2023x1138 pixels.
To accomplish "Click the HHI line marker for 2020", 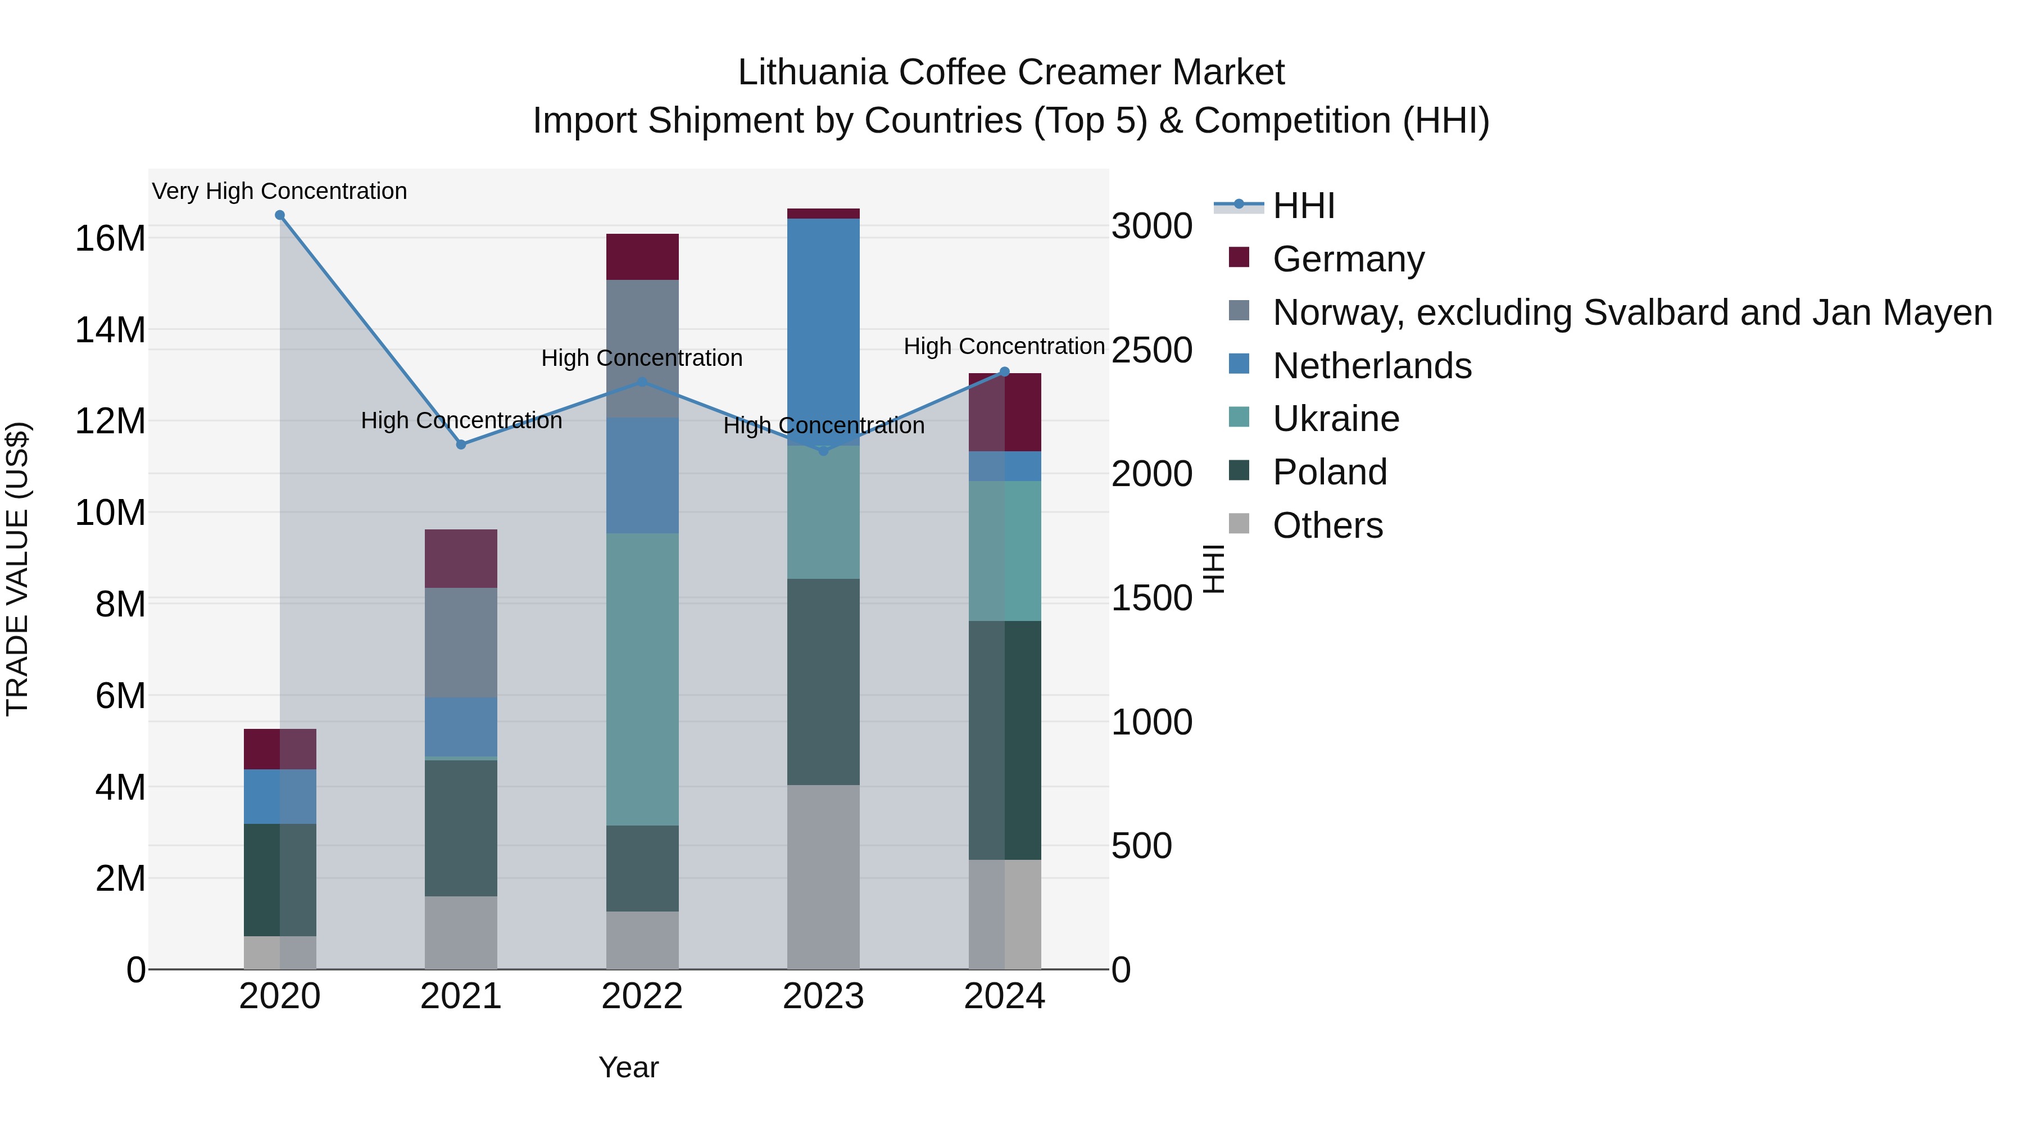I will [280, 215].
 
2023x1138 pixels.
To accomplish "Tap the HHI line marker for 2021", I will [461, 445].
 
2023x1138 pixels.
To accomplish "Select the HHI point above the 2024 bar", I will [1004, 372].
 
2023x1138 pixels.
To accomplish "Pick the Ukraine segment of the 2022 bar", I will [642, 679].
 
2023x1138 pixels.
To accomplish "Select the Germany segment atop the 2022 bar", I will [642, 257].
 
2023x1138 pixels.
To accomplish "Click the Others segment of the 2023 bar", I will [823, 877].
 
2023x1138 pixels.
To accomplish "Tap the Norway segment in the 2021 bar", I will [461, 642].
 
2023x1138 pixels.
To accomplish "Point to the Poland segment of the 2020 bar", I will [280, 879].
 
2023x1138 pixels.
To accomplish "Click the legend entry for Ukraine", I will [1335, 419].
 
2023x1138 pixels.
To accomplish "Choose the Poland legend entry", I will [1329, 472].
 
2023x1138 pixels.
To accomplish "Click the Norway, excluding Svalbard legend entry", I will [1631, 312].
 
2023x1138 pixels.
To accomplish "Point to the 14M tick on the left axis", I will [110, 330].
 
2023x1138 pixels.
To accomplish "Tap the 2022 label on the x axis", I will [642, 996].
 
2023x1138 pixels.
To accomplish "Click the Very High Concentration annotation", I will [280, 191].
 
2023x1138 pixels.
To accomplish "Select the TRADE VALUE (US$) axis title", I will [17, 569].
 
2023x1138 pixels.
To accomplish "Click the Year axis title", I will [628, 1067].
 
